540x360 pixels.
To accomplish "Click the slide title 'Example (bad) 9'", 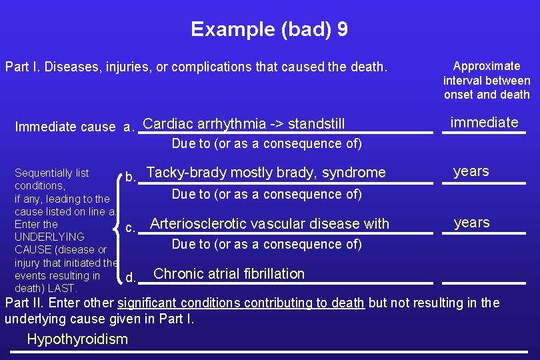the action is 269,29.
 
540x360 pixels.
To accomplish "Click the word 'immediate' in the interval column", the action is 484,122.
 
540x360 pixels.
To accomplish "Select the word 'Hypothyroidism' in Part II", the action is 77,339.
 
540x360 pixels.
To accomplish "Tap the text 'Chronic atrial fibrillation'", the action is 229,274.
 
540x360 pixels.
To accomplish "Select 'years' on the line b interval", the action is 471,171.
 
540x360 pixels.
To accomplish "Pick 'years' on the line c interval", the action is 471,223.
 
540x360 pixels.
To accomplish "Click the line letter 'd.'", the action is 131,277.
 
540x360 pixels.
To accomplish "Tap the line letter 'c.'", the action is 131,228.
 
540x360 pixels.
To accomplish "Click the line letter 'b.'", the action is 131,177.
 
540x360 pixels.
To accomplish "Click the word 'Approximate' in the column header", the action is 487,66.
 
